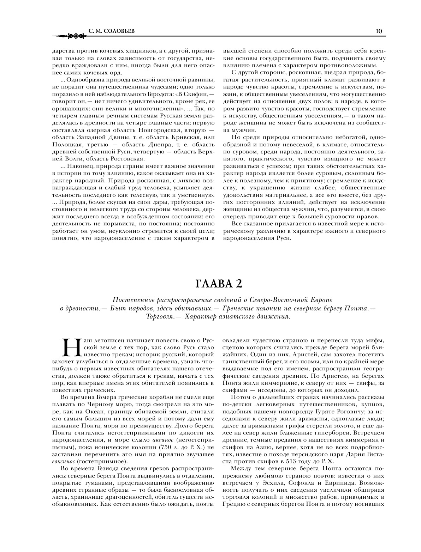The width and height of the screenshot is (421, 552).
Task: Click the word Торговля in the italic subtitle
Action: (159, 316)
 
